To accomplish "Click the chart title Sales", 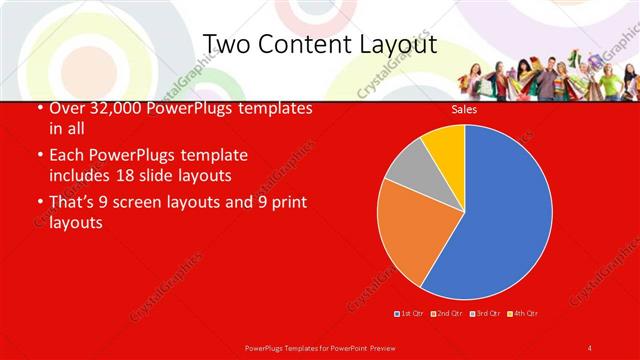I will click(464, 109).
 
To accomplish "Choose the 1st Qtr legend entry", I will click(411, 314).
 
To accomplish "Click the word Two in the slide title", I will click(227, 45).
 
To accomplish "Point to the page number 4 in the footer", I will click(590, 347).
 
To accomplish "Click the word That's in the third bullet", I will click(76, 202).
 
